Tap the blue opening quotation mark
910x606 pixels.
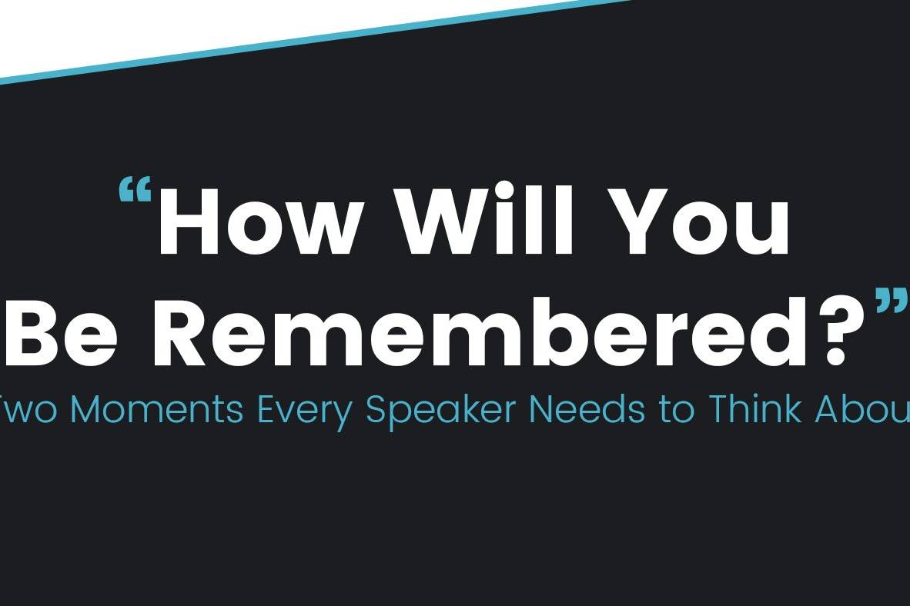[135, 191]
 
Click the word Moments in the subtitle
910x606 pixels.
[156, 409]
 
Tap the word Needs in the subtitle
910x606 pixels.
[587, 409]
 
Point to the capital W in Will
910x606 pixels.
[446, 221]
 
